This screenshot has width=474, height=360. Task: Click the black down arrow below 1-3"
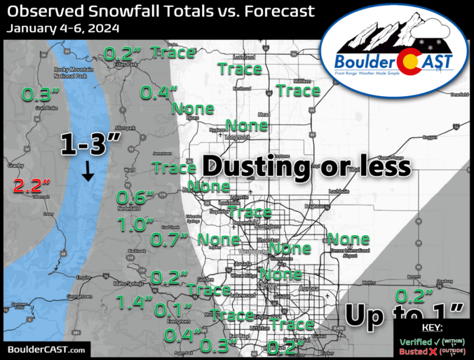pos(88,171)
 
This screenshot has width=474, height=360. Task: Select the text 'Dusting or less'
pos(306,166)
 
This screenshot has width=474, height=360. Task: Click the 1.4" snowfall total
pos(135,302)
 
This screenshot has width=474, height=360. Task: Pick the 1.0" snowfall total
pos(135,225)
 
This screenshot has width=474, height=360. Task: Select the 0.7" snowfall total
pos(170,240)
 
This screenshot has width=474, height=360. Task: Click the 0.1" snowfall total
pos(173,309)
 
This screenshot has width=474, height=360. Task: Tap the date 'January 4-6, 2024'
pos(65,29)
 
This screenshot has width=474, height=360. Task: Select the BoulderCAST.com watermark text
pos(46,349)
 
